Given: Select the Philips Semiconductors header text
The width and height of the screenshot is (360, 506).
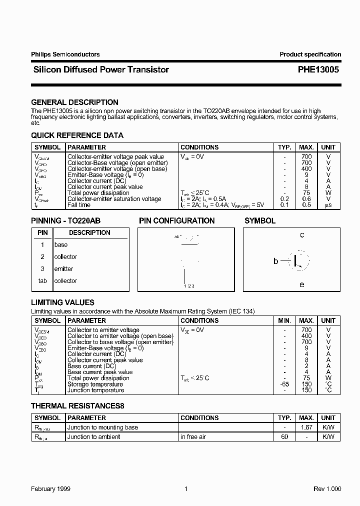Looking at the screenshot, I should pos(65,54).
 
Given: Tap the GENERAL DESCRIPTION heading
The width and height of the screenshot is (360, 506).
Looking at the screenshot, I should pos(74,102).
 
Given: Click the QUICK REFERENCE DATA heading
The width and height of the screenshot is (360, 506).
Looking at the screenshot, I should pos(77,135).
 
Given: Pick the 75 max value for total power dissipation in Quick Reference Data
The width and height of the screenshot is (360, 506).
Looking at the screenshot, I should pos(306,193).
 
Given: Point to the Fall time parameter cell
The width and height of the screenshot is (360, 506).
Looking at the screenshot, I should pos(79,205).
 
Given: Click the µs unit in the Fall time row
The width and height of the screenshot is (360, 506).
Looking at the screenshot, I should pos(328,205).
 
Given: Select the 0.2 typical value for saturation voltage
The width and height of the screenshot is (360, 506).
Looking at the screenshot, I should pos(284,199).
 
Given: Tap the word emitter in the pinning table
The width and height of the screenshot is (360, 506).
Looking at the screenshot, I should pos(63,269).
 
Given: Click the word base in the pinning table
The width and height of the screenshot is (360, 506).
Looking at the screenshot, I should pos(60,245).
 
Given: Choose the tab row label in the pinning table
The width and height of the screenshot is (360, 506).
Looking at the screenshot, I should pos(42,281).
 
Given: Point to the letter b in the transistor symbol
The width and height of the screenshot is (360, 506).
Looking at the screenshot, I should pos(275,260).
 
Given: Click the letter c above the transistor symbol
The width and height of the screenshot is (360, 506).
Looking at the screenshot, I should pos(302,234).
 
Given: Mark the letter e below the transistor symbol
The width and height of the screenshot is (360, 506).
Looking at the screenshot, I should pos(301,284).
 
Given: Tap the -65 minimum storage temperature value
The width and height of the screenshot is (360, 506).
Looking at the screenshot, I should pos(284,384).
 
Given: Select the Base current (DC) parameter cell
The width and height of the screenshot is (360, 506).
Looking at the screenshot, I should pos(91,366).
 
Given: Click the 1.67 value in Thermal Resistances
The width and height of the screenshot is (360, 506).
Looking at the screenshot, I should pos(306,427).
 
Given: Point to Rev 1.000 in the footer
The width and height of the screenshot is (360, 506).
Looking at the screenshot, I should pos(327,489).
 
